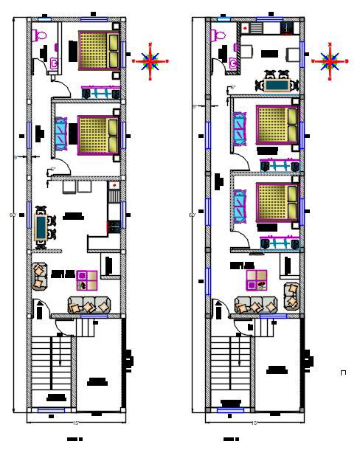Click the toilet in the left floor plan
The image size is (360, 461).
(41, 35)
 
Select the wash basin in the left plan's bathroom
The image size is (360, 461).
(53, 64)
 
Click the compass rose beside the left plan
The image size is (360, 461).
(151, 61)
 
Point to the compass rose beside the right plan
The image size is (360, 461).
(329, 60)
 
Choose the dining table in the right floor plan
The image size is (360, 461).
(277, 84)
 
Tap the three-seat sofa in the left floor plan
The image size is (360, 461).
(89, 305)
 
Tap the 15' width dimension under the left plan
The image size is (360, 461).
(75, 423)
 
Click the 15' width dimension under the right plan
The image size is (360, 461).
(254, 423)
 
